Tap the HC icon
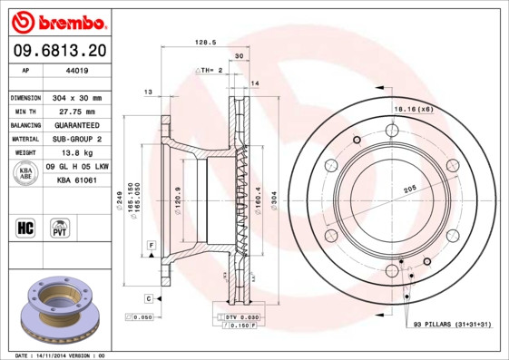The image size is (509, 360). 25,226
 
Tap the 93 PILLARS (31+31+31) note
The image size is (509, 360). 452,323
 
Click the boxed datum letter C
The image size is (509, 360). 147,298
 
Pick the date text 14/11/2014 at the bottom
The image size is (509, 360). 63,355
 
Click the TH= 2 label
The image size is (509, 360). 210,70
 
